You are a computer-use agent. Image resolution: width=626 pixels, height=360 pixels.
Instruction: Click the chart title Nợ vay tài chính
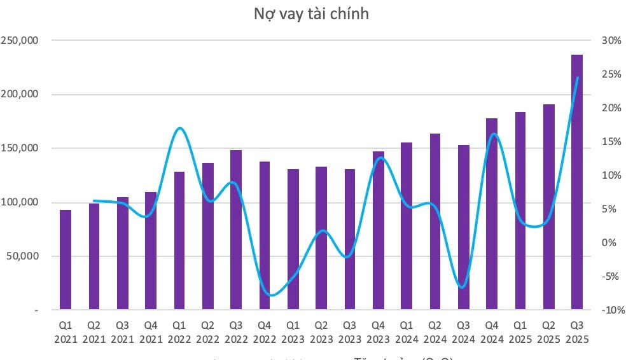coord(311,14)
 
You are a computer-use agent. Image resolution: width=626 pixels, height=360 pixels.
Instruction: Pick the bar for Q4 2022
coord(264,236)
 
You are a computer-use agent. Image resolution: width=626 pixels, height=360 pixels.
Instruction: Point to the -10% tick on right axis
coord(609,310)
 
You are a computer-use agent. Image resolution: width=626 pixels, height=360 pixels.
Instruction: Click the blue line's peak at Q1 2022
coord(179,128)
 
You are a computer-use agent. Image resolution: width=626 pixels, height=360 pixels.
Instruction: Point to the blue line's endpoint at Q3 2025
coord(578,78)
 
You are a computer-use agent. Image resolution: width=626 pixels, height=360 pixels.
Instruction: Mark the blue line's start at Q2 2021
coord(94,200)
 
